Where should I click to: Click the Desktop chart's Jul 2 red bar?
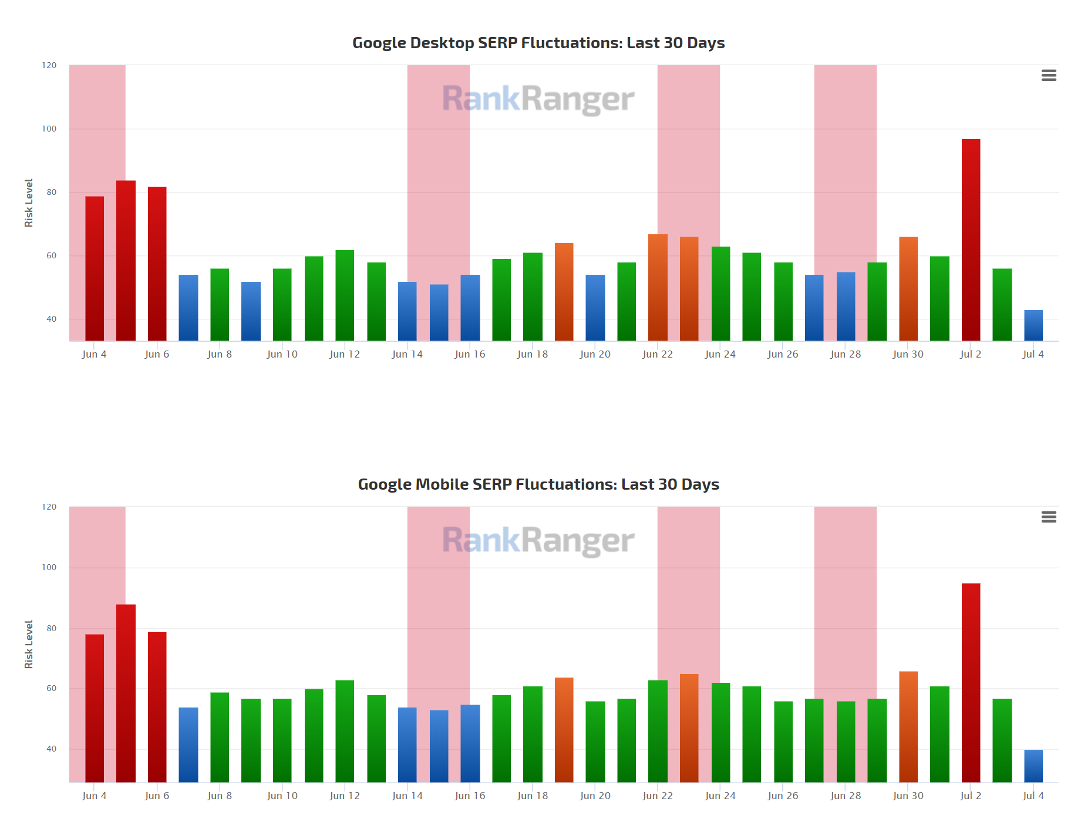[971, 241]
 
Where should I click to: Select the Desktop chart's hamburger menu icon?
[1049, 75]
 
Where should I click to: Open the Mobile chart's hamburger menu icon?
[1049, 517]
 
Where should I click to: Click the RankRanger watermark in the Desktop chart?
[538, 99]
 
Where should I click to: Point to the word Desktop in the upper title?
[442, 43]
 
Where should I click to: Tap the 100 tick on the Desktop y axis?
[49, 129]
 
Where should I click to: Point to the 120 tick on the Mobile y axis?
[49, 507]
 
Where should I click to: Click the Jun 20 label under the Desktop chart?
[595, 354]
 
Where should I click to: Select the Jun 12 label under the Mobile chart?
[345, 796]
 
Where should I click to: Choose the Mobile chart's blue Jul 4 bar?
[1033, 766]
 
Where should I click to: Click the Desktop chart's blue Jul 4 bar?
[1033, 325]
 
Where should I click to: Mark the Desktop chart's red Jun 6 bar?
[157, 264]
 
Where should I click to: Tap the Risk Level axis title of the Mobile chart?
[29, 644]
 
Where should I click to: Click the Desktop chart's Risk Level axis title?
[29, 203]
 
